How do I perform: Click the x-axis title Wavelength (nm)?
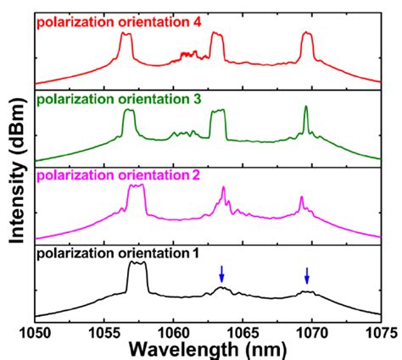pos(208,350)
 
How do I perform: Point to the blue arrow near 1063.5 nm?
pos(221,274)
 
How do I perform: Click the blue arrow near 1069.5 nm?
pos(307,275)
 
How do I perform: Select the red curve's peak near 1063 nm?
pos(217,36)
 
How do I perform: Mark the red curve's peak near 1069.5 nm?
pos(306,36)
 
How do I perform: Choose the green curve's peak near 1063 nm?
pos(217,113)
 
